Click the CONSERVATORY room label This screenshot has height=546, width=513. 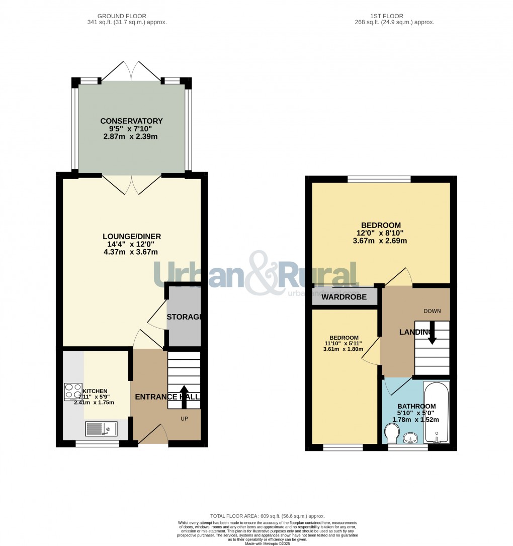pos(131,121)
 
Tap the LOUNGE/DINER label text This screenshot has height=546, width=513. pos(131,237)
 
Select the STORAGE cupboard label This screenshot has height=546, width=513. pos(184,317)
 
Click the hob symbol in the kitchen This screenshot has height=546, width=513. pos(73,392)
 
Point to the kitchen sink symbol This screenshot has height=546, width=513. pos(101,429)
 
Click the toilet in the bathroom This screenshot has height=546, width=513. pos(391,432)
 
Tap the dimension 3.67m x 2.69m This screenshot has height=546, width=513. pos(380,241)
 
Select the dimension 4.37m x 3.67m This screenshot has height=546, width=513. pos(131,252)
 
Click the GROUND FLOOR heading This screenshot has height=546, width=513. pos(127,16)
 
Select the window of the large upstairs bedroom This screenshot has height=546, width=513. pos(379,179)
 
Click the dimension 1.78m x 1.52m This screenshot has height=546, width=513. pos(416,420)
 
